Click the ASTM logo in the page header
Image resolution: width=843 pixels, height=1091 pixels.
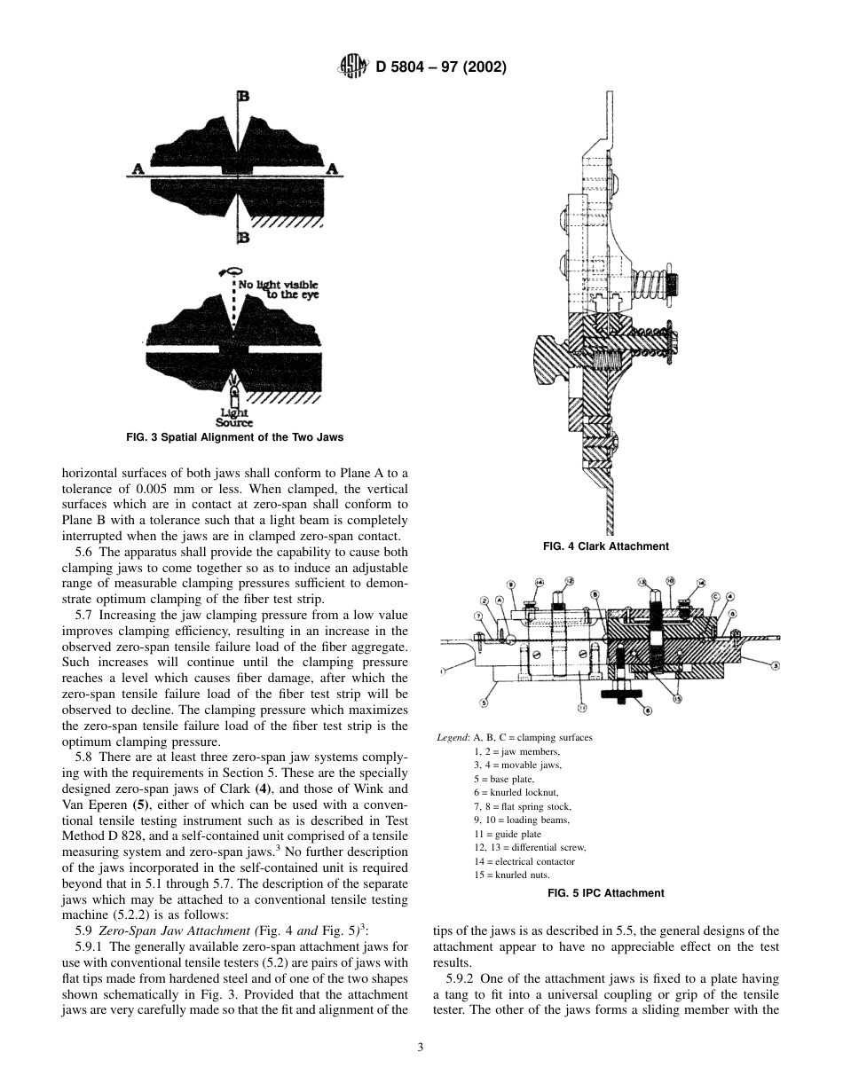pyautogui.click(x=349, y=67)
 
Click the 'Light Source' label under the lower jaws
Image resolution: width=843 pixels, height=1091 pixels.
pyautogui.click(x=234, y=418)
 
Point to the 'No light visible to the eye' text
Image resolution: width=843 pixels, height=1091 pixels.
pyautogui.click(x=276, y=289)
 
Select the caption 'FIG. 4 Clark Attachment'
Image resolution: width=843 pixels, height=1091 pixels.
pyautogui.click(x=605, y=546)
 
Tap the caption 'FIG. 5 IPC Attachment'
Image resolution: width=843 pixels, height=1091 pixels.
pyautogui.click(x=606, y=893)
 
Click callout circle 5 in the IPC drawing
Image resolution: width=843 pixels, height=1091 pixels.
pyautogui.click(x=484, y=702)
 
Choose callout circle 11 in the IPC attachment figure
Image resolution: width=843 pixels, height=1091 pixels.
pyautogui.click(x=582, y=708)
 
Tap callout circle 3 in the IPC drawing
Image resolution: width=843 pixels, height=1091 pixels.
pyautogui.click(x=775, y=664)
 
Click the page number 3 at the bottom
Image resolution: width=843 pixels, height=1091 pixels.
pyautogui.click(x=421, y=1047)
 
